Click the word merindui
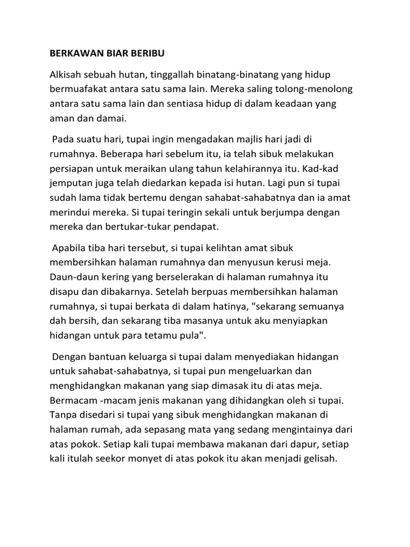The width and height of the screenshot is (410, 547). [69, 213]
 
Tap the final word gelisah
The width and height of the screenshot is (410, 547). [318, 458]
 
